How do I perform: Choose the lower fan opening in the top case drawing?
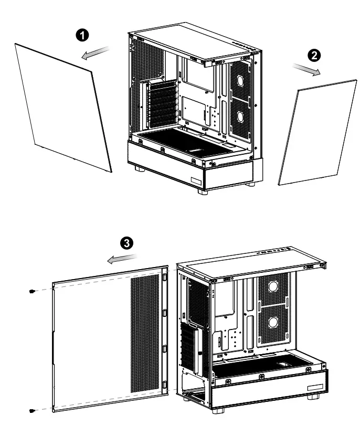(x=240, y=116)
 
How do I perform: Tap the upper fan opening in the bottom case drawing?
(x=273, y=286)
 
